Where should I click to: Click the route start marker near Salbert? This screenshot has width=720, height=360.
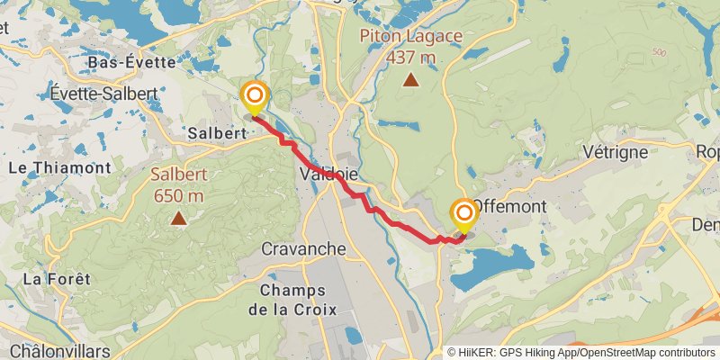point(255,95)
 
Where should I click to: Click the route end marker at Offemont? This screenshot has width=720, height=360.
point(464,214)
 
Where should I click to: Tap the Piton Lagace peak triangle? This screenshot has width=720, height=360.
point(410,80)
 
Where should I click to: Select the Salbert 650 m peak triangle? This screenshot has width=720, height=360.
point(179,217)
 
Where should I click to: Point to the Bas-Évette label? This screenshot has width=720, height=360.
point(123,62)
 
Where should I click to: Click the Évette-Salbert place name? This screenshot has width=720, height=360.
point(104,94)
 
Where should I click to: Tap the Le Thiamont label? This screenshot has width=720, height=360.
point(59,167)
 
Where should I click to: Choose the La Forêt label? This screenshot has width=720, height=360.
point(57,279)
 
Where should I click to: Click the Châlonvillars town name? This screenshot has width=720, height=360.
point(56,350)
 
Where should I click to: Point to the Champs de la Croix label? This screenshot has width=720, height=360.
point(297,300)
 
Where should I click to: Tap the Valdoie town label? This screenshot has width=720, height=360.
point(327,172)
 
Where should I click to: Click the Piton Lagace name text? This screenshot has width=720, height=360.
point(411,37)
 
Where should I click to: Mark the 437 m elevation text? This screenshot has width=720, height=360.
point(411,58)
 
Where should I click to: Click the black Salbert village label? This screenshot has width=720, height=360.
point(217,133)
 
